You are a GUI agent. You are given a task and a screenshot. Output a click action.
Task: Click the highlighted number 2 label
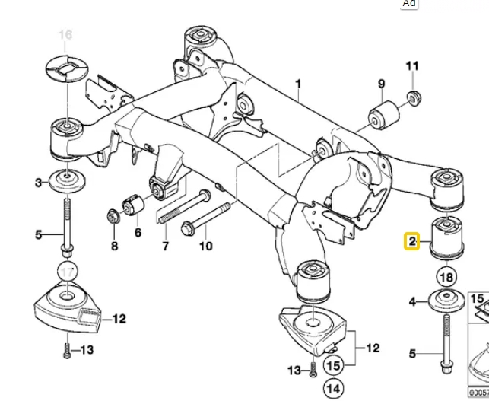pyautogui.click(x=411, y=243)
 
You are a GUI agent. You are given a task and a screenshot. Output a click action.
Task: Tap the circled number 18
pyautogui.click(x=446, y=277)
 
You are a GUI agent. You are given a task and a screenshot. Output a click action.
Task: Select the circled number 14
pyautogui.click(x=332, y=389)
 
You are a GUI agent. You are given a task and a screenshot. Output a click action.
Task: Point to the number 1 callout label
pyautogui.click(x=298, y=84)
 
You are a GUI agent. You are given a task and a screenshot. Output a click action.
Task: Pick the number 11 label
pyautogui.click(x=411, y=66)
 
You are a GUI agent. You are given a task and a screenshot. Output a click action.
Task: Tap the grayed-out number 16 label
pyautogui.click(x=65, y=35)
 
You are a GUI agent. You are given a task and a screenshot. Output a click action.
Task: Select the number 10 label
pyautogui.click(x=205, y=246)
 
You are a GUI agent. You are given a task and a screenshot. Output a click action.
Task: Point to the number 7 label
pyautogui.click(x=165, y=246)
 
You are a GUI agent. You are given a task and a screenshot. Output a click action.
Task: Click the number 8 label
pyautogui.click(x=114, y=246)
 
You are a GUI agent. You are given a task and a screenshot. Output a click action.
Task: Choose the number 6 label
pyautogui.click(x=138, y=232)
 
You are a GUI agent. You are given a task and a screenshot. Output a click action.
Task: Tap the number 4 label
pyautogui.click(x=413, y=302)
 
